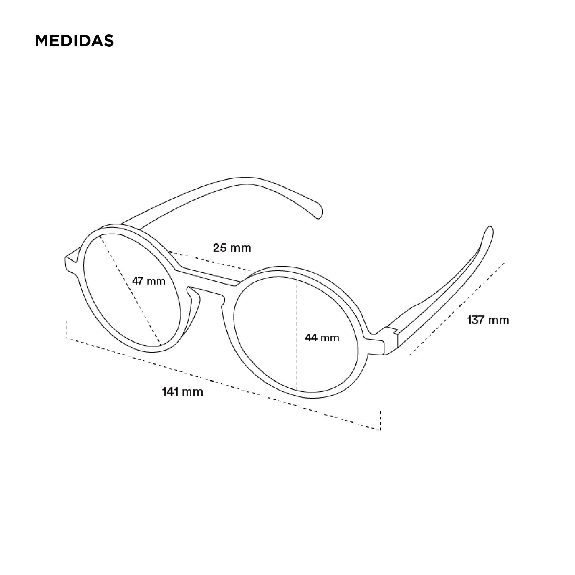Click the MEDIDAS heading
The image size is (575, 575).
click(74, 41)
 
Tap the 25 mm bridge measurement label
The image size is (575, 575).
click(232, 248)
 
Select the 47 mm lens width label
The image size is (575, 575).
click(149, 281)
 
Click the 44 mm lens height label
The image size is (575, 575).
click(322, 338)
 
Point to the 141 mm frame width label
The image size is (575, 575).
click(182, 392)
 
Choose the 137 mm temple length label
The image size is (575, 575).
click(488, 320)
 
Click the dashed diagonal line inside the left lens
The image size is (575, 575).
click(130, 288)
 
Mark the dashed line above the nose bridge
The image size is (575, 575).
click(211, 261)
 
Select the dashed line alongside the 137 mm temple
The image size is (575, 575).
click(457, 308)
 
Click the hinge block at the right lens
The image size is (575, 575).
click(391, 340)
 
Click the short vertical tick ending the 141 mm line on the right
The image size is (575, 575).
click(381, 420)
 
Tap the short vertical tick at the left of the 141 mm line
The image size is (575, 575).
click(66, 329)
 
